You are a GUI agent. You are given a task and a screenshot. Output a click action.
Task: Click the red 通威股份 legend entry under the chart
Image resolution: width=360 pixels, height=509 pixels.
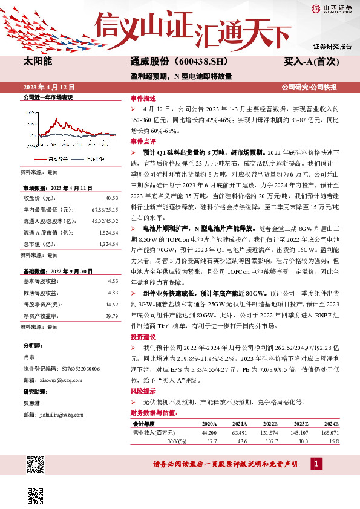pyautogui.click(x=56, y=159)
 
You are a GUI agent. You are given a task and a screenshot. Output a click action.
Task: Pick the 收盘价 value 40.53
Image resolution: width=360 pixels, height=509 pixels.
pyautogui.click(x=111, y=198)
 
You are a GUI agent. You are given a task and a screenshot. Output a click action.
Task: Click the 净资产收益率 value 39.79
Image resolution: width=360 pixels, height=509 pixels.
pyautogui.click(x=111, y=316)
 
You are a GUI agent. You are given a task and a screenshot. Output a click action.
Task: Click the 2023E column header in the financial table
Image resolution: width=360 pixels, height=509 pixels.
pyautogui.click(x=299, y=424)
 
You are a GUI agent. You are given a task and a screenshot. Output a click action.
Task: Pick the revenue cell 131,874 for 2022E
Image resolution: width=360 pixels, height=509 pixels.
pyautogui.click(x=268, y=433)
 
